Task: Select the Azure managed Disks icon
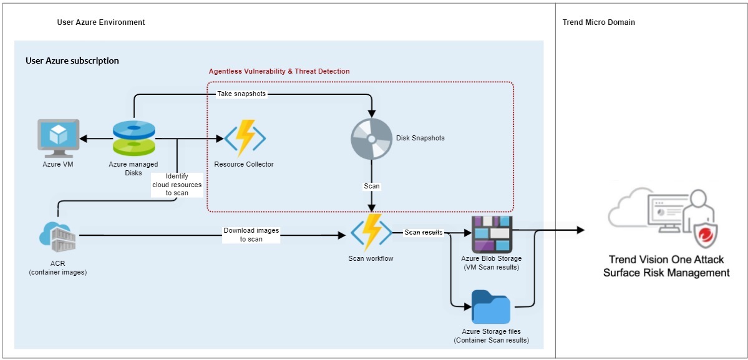click(x=134, y=138)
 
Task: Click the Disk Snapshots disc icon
click(x=371, y=138)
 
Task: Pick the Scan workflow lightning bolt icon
click(x=371, y=233)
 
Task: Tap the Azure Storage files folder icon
click(x=491, y=307)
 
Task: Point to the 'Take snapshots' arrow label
click(x=241, y=94)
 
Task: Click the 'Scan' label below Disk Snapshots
click(x=372, y=186)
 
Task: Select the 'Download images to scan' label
click(x=251, y=235)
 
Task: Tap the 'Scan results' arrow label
click(x=424, y=232)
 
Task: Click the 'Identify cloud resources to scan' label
click(x=177, y=185)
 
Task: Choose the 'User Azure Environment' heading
click(x=101, y=22)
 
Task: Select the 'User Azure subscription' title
click(x=72, y=61)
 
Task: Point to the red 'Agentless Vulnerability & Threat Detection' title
click(x=279, y=71)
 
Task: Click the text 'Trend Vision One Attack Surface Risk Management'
click(x=666, y=266)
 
